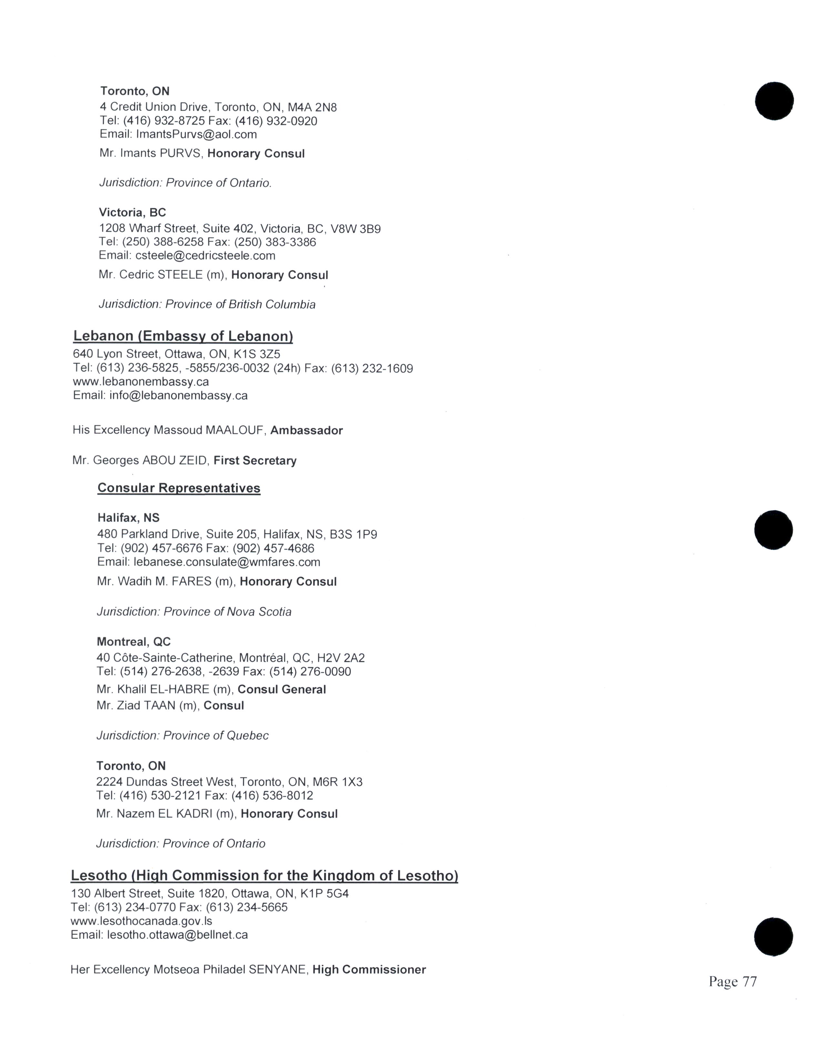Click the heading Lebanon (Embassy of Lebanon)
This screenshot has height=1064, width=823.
pyautogui.click(x=183, y=336)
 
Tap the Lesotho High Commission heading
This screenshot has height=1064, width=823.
pyautogui.click(x=264, y=875)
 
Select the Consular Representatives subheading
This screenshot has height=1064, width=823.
pyautogui.click(x=179, y=488)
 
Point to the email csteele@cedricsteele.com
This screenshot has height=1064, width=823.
pyautogui.click(x=205, y=256)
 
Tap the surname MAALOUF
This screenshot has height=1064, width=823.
pyautogui.click(x=236, y=430)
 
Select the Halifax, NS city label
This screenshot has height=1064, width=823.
pyautogui.click(x=128, y=518)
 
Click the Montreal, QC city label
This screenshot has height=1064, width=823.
pyautogui.click(x=134, y=642)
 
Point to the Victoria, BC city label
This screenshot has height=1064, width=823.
pyautogui.click(x=132, y=212)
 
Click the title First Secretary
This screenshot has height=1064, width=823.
pyautogui.click(x=255, y=461)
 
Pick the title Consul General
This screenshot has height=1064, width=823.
pyautogui.click(x=281, y=689)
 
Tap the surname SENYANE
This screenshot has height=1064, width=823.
pyautogui.click(x=278, y=970)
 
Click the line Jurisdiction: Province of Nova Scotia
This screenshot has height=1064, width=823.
pyautogui.click(x=194, y=612)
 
